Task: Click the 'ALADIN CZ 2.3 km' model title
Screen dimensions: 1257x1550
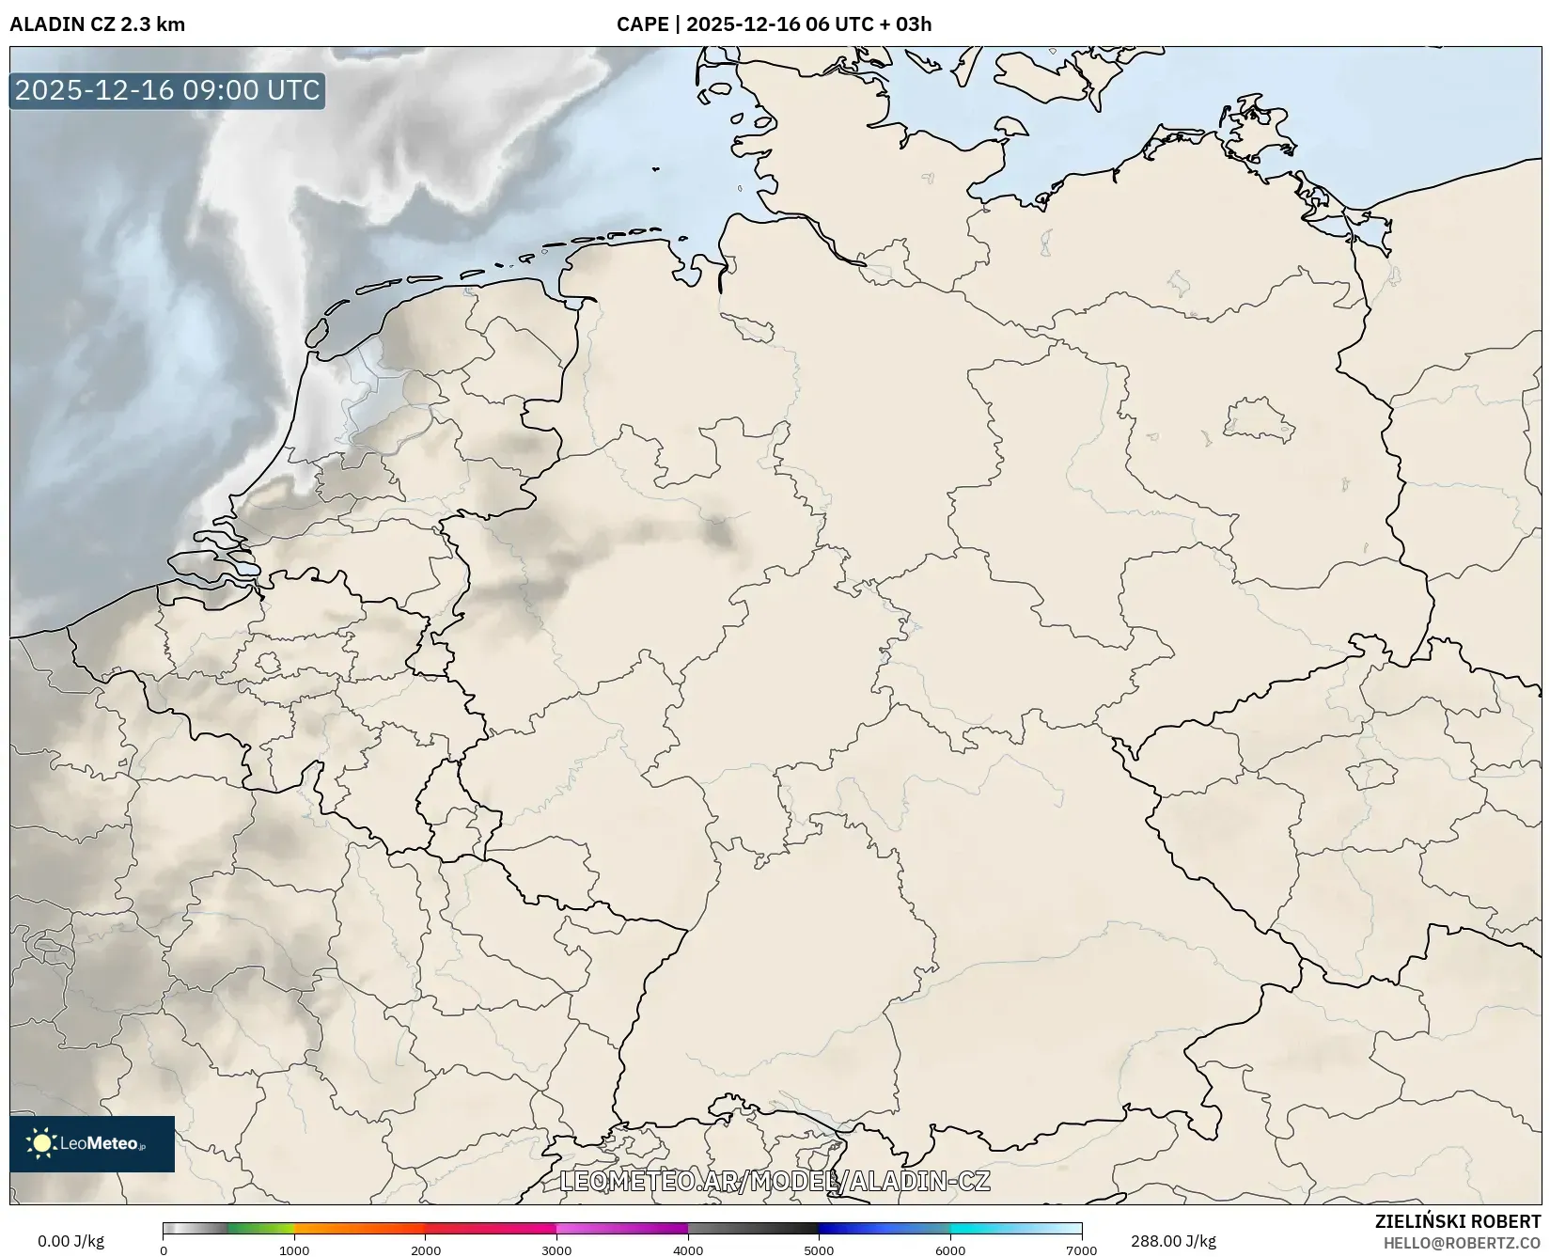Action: point(97,24)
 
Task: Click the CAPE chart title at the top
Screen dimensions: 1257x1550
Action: point(774,24)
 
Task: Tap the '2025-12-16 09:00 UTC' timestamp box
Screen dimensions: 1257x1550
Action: point(167,90)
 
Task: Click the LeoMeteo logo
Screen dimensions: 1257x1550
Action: point(92,1143)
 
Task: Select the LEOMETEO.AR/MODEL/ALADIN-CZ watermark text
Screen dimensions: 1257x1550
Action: point(775,1181)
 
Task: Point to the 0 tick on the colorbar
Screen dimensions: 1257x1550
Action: point(164,1250)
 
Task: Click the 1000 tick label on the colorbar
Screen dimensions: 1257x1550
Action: point(294,1250)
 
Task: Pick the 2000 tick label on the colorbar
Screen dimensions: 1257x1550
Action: point(426,1250)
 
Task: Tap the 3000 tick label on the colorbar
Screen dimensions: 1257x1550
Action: point(556,1250)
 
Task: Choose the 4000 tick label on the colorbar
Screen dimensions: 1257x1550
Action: point(688,1250)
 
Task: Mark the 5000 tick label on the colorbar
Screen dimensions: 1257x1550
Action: point(819,1250)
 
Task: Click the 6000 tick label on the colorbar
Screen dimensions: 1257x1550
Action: point(950,1250)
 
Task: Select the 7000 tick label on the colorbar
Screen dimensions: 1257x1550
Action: point(1081,1250)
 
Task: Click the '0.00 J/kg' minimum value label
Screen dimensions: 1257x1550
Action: point(70,1241)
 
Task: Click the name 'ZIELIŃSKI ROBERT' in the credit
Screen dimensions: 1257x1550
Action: point(1458,1222)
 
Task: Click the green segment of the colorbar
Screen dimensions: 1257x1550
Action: point(261,1229)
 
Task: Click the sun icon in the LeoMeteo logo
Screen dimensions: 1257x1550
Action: point(41,1143)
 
